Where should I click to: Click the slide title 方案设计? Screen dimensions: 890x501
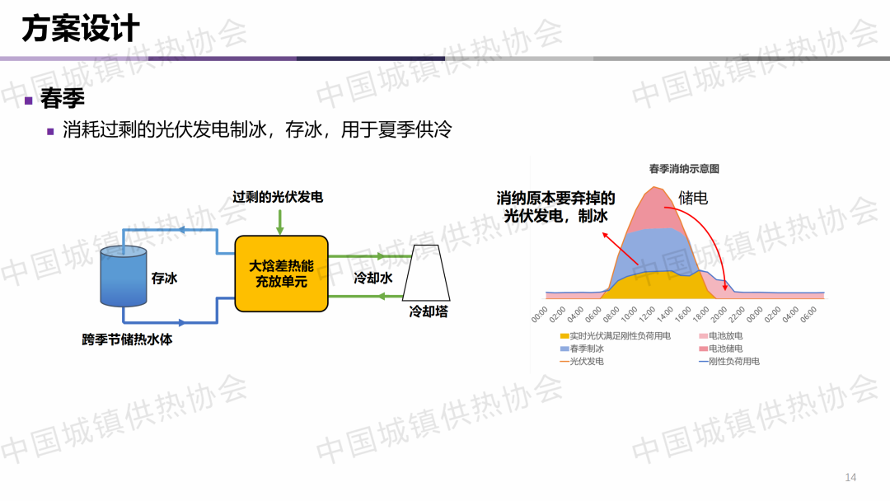pyautogui.click(x=81, y=29)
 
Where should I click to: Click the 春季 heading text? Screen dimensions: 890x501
pyautogui.click(x=63, y=98)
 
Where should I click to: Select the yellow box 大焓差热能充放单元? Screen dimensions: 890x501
pyautogui.click(x=282, y=274)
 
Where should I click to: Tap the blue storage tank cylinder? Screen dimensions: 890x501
pyautogui.click(x=123, y=276)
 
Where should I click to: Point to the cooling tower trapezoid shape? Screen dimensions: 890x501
pyautogui.click(x=426, y=273)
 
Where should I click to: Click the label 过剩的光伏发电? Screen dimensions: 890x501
pyautogui.click(x=278, y=197)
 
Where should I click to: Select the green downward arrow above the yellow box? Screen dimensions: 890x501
pyautogui.click(x=280, y=222)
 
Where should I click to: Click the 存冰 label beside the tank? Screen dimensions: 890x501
pyautogui.click(x=164, y=278)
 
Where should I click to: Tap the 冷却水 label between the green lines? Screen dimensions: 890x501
pyautogui.click(x=373, y=278)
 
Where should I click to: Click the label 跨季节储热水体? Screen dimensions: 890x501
pyautogui.click(x=127, y=339)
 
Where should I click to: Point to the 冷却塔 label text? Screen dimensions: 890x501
pyautogui.click(x=429, y=311)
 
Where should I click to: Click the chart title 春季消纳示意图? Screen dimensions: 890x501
pyautogui.click(x=684, y=169)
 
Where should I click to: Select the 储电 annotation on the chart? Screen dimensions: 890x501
pyautogui.click(x=693, y=198)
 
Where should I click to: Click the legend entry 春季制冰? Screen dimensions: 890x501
pyautogui.click(x=583, y=349)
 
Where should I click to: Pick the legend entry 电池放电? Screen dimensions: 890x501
pyautogui.click(x=721, y=336)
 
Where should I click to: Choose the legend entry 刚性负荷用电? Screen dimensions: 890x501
pyautogui.click(x=729, y=362)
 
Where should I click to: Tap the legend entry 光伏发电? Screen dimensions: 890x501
pyautogui.click(x=582, y=362)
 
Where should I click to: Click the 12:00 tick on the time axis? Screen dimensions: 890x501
pyautogui.click(x=647, y=313)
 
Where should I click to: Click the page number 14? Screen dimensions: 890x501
pyautogui.click(x=850, y=477)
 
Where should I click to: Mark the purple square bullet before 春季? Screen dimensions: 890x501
pyautogui.click(x=28, y=101)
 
